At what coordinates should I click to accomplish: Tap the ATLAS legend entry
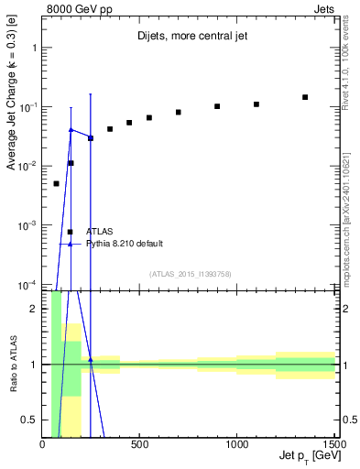100,232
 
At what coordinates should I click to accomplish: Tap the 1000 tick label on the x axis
236,444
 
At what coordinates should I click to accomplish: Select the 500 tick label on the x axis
139,444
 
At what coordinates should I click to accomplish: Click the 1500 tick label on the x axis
333,444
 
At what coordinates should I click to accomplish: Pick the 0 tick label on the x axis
42,444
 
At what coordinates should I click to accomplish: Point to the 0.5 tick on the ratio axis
30,420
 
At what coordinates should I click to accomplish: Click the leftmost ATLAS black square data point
56,183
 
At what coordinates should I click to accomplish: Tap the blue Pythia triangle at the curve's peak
71,130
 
